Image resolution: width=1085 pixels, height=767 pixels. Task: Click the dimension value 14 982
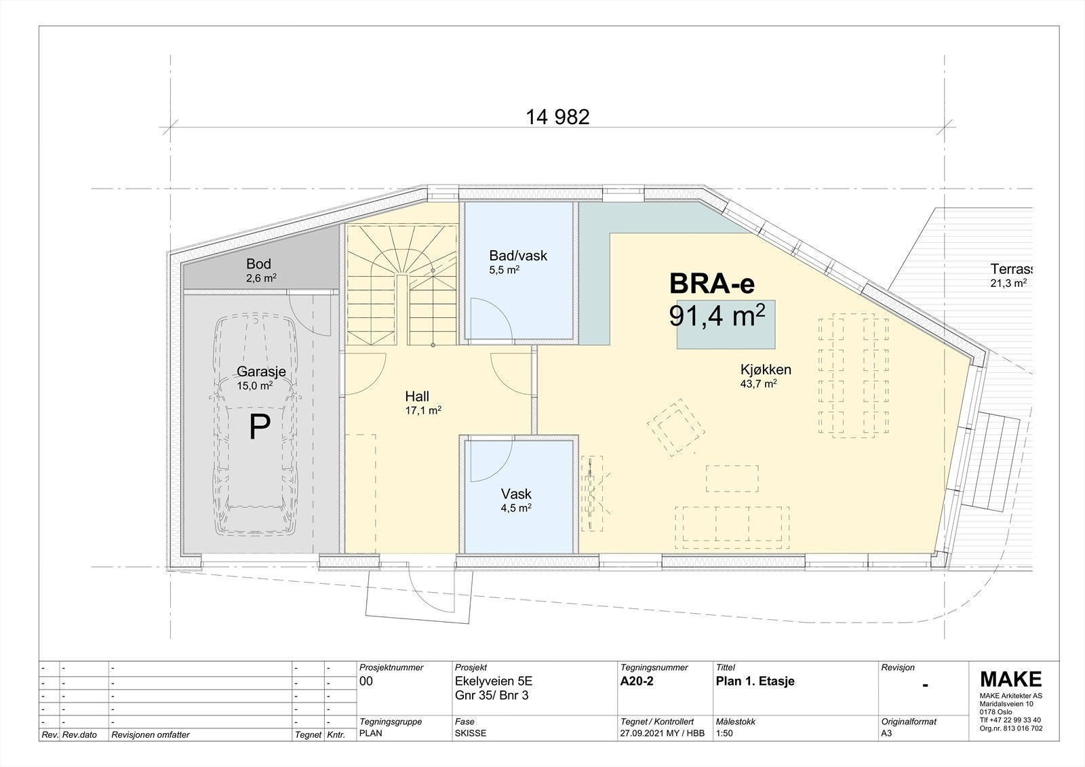[557, 117]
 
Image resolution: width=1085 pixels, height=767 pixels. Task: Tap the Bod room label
[259, 264]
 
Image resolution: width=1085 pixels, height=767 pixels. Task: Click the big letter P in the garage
[260, 427]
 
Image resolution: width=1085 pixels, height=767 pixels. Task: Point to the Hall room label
[417, 397]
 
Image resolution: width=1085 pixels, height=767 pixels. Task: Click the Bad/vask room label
[518, 256]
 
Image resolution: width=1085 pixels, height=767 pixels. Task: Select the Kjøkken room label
[766, 370]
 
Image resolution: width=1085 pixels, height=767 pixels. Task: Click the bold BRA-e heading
[711, 283]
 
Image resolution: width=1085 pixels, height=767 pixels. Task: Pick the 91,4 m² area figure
[717, 316]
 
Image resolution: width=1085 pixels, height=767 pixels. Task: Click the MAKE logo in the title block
[1010, 679]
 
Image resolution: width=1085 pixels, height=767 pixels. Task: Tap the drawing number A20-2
[637, 682]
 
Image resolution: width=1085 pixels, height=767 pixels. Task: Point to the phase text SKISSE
[471, 733]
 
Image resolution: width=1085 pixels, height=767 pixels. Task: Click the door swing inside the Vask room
[484, 465]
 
